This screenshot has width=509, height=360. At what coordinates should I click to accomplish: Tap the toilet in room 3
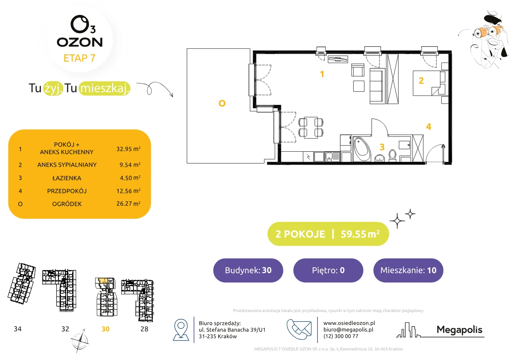coord(392,155)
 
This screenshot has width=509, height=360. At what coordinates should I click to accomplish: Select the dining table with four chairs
coord(311,128)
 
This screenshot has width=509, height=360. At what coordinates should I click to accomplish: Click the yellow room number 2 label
coord(421,81)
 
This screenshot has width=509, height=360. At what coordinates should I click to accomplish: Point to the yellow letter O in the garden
coord(222,103)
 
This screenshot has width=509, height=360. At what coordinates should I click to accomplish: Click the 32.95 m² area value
coord(128,149)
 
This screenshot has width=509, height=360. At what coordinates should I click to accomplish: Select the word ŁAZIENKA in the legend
coord(67,178)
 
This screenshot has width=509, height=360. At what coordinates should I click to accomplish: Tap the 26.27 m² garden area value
coord(128,203)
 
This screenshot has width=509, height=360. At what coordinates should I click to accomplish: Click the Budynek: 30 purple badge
coord(248,270)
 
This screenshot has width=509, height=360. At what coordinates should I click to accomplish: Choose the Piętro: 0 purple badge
coord(328,270)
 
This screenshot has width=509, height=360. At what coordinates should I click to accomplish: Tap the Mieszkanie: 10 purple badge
coord(408,270)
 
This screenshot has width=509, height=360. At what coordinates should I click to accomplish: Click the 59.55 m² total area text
coord(360,234)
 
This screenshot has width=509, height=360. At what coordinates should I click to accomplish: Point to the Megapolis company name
coord(459,329)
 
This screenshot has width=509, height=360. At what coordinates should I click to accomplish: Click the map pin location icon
coord(181,330)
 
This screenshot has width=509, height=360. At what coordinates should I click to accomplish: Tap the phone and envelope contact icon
coord(299,329)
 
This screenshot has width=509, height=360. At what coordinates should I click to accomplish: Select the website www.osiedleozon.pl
coord(349,323)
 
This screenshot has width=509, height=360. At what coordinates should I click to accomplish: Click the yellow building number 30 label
coord(105,329)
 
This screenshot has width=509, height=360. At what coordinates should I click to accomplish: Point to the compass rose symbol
coord(79,341)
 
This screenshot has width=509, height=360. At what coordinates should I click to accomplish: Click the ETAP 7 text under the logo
coord(79,58)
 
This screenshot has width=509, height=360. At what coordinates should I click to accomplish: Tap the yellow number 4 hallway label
coord(429,127)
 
